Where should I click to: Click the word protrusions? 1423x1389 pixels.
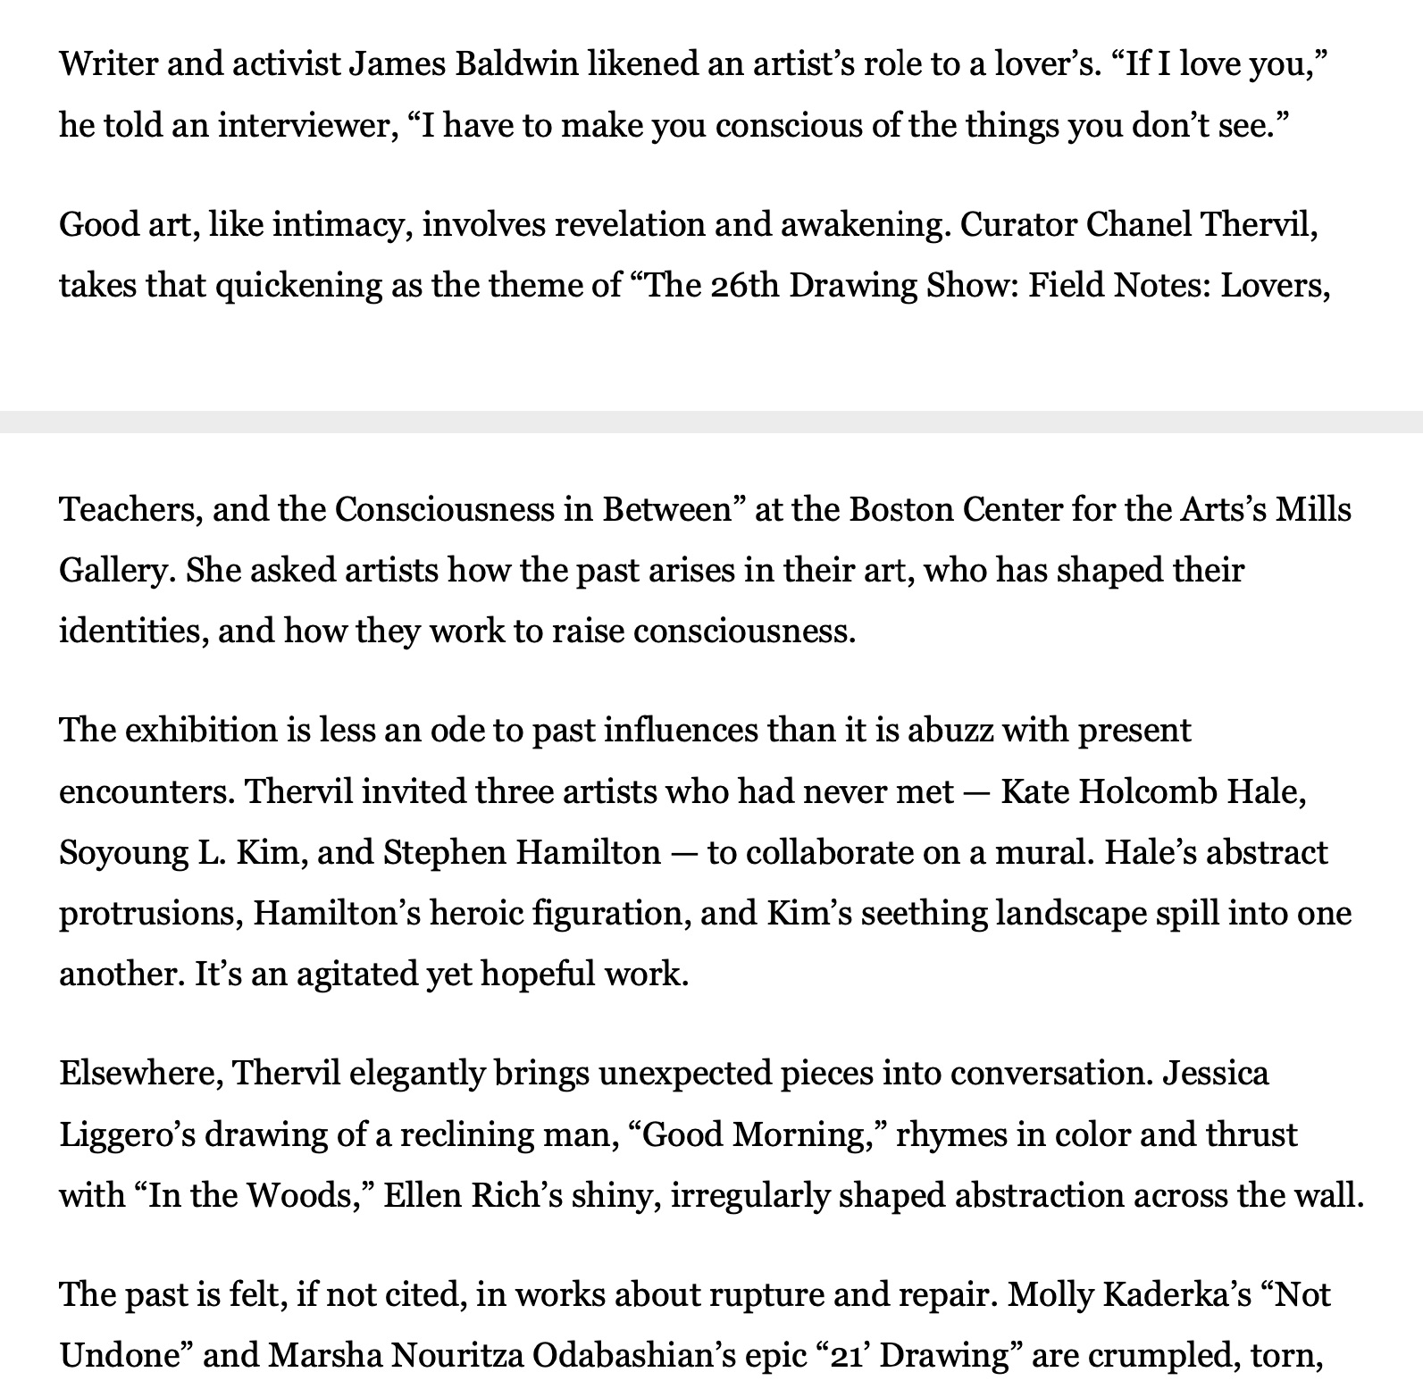pos(149,913)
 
